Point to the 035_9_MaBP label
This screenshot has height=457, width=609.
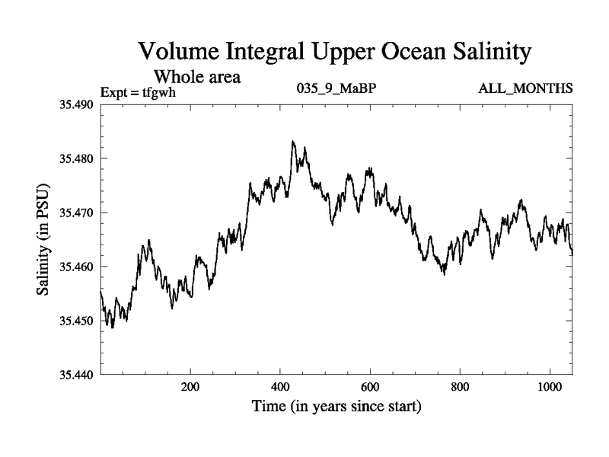click(336, 89)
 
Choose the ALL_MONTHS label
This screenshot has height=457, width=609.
click(525, 89)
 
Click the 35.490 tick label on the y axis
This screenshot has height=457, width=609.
click(77, 104)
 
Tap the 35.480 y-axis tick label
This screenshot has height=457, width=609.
click(77, 158)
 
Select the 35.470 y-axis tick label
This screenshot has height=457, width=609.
click(77, 213)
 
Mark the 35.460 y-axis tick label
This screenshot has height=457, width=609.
click(77, 267)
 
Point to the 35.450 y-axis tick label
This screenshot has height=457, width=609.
click(77, 321)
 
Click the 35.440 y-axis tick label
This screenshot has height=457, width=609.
click(77, 375)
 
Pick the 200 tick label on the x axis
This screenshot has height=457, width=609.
click(190, 386)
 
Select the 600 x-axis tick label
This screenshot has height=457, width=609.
click(369, 386)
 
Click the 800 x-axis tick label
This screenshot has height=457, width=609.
click(459, 386)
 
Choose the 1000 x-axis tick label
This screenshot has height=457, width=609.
click(549, 386)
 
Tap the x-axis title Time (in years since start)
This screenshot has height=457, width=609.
click(336, 406)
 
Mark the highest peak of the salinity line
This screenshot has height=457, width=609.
click(293, 142)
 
